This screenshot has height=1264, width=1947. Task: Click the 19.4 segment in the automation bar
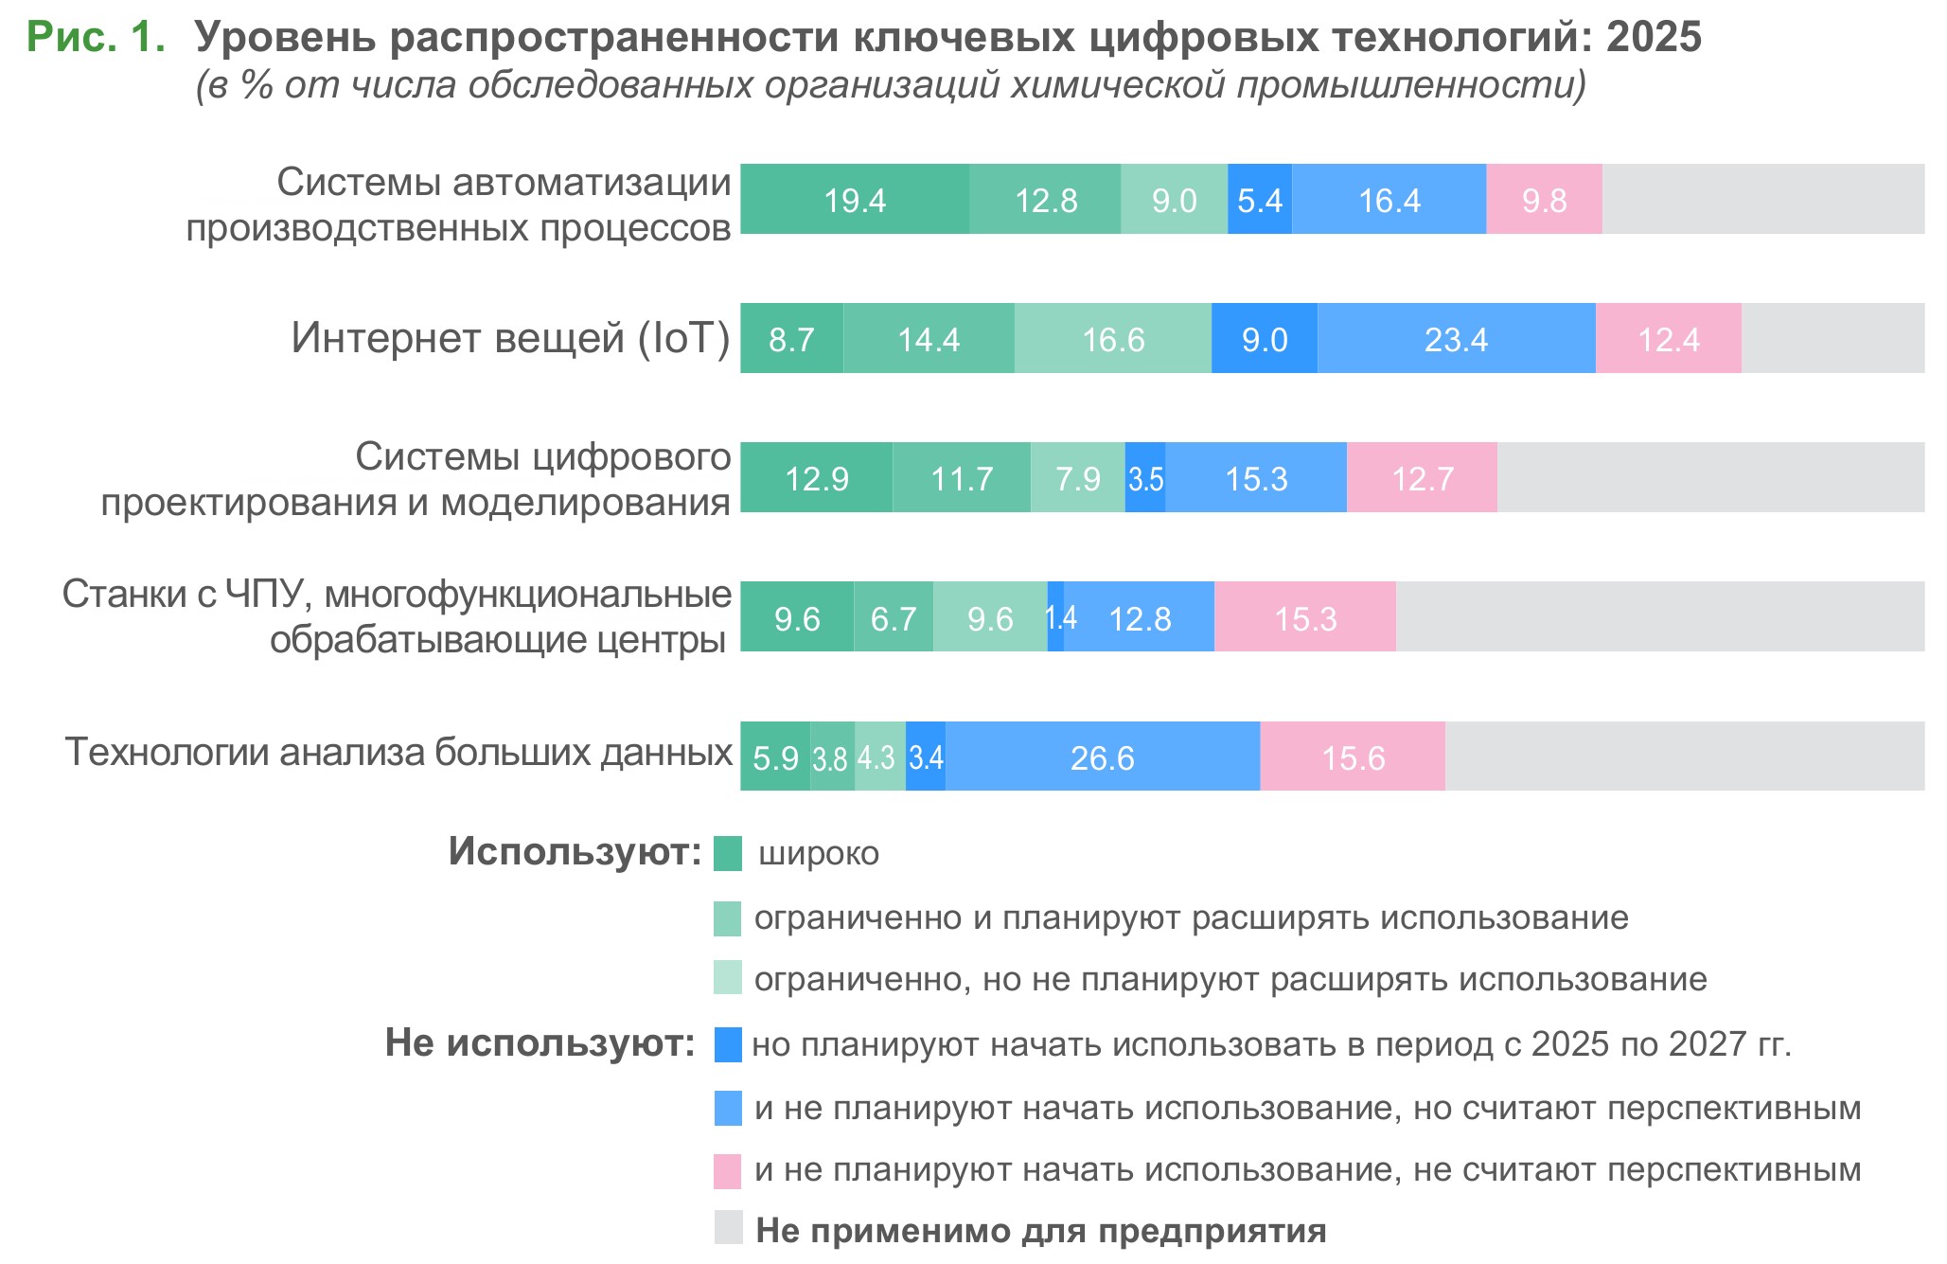(854, 200)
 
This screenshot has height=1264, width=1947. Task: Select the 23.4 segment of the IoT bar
(1455, 339)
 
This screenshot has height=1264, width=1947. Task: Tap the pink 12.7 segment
(1421, 478)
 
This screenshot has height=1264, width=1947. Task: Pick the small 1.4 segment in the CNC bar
(1055, 617)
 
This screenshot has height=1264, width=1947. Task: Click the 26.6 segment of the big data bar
(1102, 757)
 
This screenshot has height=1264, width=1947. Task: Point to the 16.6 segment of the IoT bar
(1112, 339)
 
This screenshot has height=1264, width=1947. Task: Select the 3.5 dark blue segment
(1144, 478)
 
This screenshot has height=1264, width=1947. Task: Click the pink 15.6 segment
(1352, 757)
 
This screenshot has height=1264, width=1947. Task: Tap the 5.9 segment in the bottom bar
(774, 757)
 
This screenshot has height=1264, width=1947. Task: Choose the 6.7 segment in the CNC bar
(893, 617)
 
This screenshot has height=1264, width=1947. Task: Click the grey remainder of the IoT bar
(1832, 339)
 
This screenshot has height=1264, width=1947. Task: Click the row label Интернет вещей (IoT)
(510, 338)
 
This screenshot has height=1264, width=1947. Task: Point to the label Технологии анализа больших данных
(398, 752)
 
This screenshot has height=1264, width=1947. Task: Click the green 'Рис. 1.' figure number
(96, 37)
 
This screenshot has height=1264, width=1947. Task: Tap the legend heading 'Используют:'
(575, 851)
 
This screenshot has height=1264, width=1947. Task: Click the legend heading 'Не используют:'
(540, 1043)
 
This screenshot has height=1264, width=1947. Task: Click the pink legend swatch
(727, 1171)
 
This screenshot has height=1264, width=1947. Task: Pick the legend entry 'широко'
(819, 854)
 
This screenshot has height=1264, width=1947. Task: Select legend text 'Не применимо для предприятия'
(1040, 1230)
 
